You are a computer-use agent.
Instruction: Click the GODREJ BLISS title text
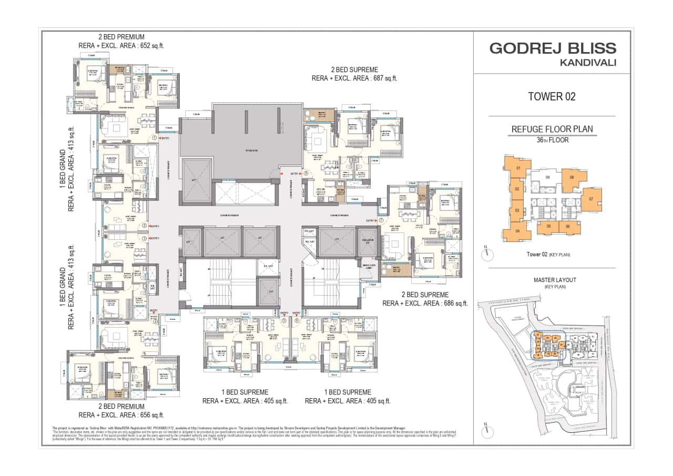tap(553, 48)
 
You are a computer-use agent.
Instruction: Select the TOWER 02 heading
tap(552, 96)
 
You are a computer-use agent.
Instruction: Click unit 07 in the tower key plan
tap(591, 199)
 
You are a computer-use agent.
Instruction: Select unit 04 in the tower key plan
tap(517, 231)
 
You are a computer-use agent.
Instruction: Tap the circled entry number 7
tap(381, 220)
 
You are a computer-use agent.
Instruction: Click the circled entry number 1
tap(155, 138)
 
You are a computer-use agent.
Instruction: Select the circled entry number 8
tap(306, 173)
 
